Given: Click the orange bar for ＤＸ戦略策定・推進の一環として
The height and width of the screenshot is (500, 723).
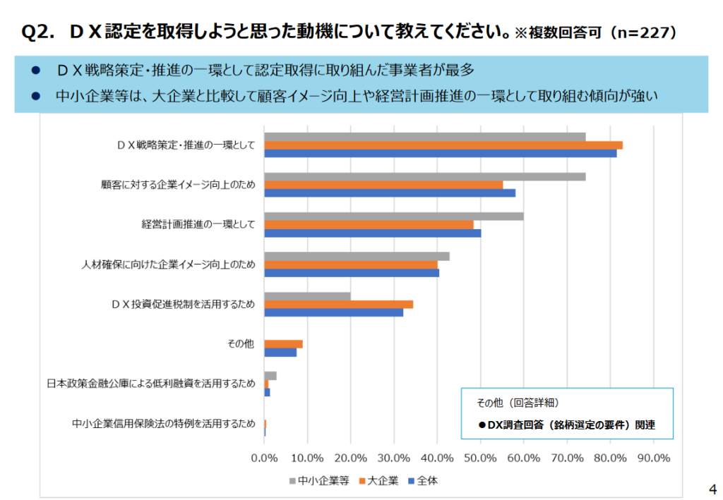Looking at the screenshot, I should [443, 145].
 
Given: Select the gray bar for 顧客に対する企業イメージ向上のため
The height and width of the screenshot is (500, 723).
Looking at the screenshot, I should [425, 176].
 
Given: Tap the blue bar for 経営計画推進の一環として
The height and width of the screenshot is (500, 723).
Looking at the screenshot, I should [373, 233].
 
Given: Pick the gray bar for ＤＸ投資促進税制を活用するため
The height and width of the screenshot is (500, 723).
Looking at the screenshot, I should [308, 296].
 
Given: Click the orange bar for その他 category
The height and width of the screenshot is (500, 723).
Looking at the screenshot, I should [284, 344].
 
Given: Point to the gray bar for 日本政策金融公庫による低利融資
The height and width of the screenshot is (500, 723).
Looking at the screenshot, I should [270, 376].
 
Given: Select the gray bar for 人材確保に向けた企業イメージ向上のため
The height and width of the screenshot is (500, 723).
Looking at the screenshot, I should [357, 256].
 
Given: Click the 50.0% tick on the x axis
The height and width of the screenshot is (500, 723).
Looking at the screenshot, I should [480, 458].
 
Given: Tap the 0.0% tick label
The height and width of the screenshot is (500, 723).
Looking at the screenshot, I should [265, 458].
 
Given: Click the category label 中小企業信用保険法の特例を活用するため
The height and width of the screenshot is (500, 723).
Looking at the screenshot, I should [163, 424].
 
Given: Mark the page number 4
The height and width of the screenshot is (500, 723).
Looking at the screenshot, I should [712, 489].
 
